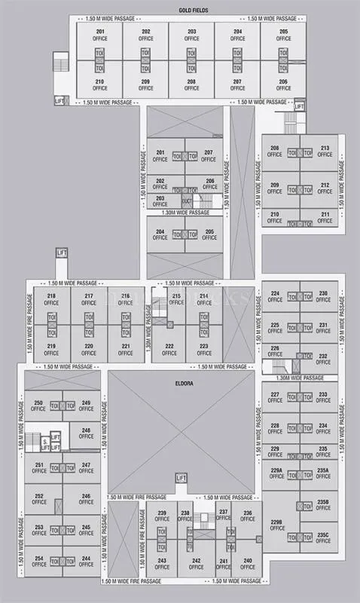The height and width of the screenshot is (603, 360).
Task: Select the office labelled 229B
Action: (276, 525)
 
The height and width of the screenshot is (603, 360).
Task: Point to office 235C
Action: (323, 537)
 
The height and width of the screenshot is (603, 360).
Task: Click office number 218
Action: (51, 299)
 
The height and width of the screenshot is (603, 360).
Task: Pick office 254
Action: (39, 562)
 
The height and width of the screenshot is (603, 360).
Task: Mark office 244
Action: (86, 562)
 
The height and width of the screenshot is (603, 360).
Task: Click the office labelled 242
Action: (196, 564)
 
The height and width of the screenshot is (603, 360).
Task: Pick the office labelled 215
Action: (176, 299)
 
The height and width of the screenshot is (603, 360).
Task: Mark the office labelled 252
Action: (39, 499)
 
